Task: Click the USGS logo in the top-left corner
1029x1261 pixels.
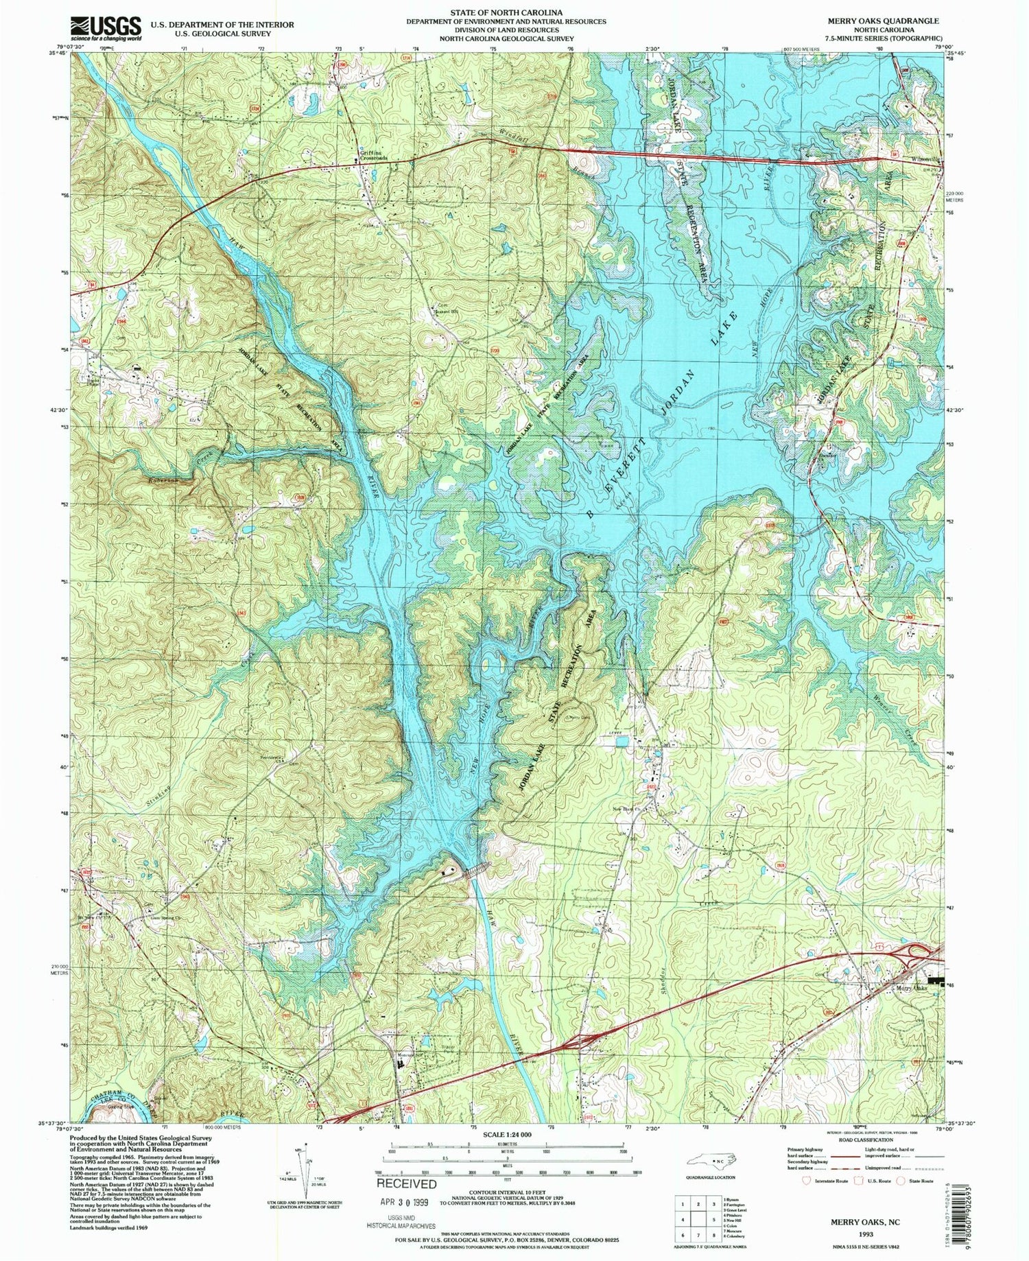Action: (105, 29)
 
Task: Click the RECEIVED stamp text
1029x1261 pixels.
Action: (406, 1183)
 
